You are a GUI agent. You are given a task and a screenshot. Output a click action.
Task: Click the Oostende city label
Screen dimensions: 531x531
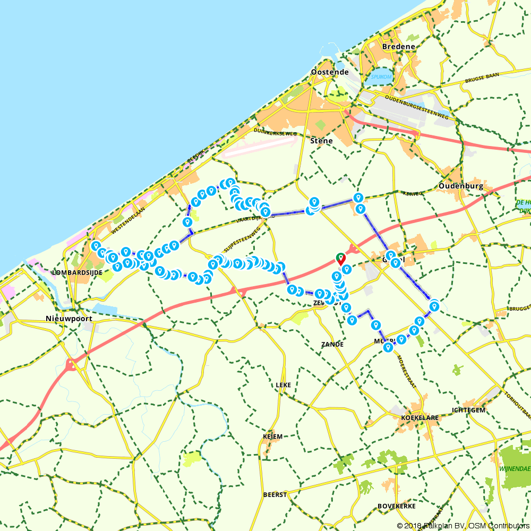pos(330,72)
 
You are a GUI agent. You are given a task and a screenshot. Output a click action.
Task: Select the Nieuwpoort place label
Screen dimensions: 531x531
pos(69,319)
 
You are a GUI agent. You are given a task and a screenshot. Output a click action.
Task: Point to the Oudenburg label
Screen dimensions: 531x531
pos(461,186)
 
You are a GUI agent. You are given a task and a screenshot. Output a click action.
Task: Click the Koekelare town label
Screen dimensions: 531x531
pos(419,417)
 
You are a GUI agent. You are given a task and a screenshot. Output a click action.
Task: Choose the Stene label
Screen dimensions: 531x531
pos(322,141)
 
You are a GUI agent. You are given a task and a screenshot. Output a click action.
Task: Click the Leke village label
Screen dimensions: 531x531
pos(284,384)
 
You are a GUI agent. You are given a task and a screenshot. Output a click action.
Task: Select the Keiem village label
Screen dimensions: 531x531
pos(272,436)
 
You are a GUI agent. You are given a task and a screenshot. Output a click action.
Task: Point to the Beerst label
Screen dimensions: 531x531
pos(275,494)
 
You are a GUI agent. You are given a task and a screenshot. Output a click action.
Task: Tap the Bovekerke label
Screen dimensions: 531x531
pos(396,505)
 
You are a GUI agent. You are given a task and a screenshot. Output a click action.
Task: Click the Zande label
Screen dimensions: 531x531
pos(332,344)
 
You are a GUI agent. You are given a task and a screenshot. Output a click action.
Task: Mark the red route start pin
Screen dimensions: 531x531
pos(340,259)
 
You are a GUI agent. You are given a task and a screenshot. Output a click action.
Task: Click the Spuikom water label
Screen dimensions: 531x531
pos(381,76)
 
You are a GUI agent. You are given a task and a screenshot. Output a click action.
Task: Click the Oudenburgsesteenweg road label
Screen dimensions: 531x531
pos(417,106)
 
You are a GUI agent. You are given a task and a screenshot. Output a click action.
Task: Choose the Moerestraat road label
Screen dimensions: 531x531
pos(407,364)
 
